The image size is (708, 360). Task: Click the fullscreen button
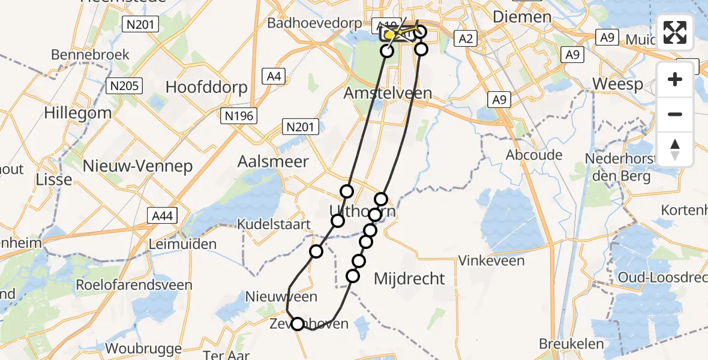click(x=675, y=32)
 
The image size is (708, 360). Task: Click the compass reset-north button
click(x=675, y=149)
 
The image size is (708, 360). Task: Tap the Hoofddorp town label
click(x=206, y=87)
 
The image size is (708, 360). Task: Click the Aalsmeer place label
click(x=273, y=161)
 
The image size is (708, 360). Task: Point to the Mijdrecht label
click(x=410, y=278)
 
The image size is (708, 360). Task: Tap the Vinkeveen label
click(x=491, y=260)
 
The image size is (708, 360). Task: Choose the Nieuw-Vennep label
click(x=137, y=166)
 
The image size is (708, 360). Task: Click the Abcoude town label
click(x=534, y=155)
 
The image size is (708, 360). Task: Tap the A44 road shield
click(x=163, y=215)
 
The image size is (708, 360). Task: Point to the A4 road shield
click(x=274, y=76)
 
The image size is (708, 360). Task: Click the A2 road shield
click(x=466, y=40)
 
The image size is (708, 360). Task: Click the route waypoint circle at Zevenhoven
click(x=298, y=324)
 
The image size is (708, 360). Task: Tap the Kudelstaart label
click(x=274, y=224)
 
